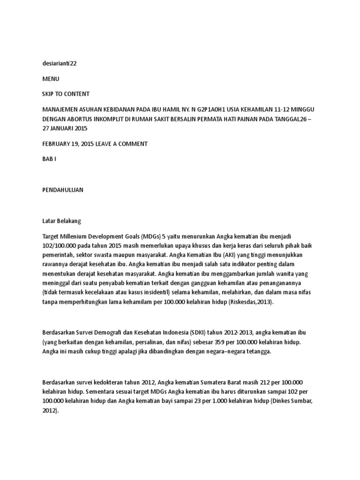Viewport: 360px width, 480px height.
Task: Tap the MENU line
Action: pyautogui.click(x=51, y=79)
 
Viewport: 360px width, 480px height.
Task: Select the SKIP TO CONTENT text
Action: pyautogui.click(x=66, y=94)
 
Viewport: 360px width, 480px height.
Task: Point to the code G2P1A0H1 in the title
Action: pyautogui.click(x=214, y=109)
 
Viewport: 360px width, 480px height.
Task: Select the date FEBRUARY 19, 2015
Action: pyautogui.click(x=68, y=143)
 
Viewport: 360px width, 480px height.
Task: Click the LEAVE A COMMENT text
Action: pyautogui.click(x=121, y=143)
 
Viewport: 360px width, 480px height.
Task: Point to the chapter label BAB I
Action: pyautogui.click(x=49, y=159)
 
